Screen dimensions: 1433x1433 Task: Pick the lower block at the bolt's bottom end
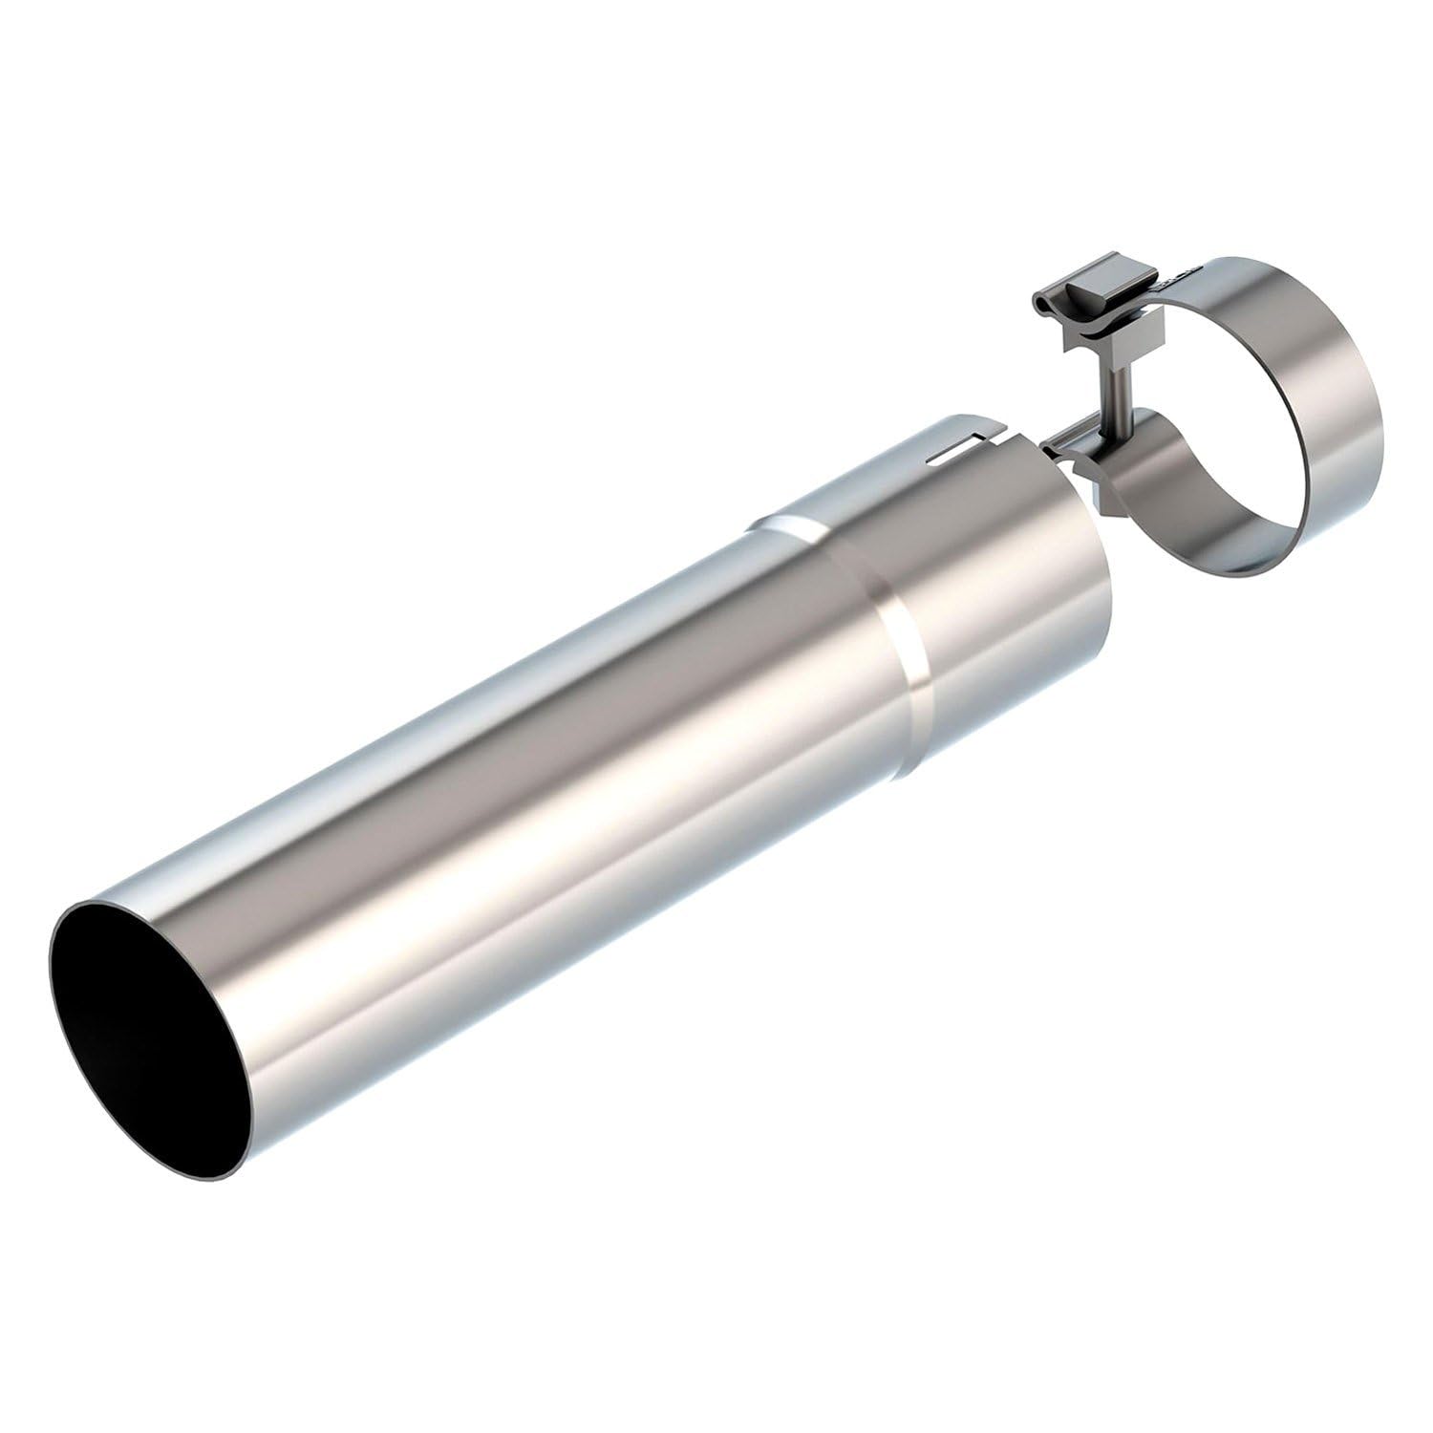click(x=1099, y=478)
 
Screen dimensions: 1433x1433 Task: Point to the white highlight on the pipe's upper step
click(x=788, y=524)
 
